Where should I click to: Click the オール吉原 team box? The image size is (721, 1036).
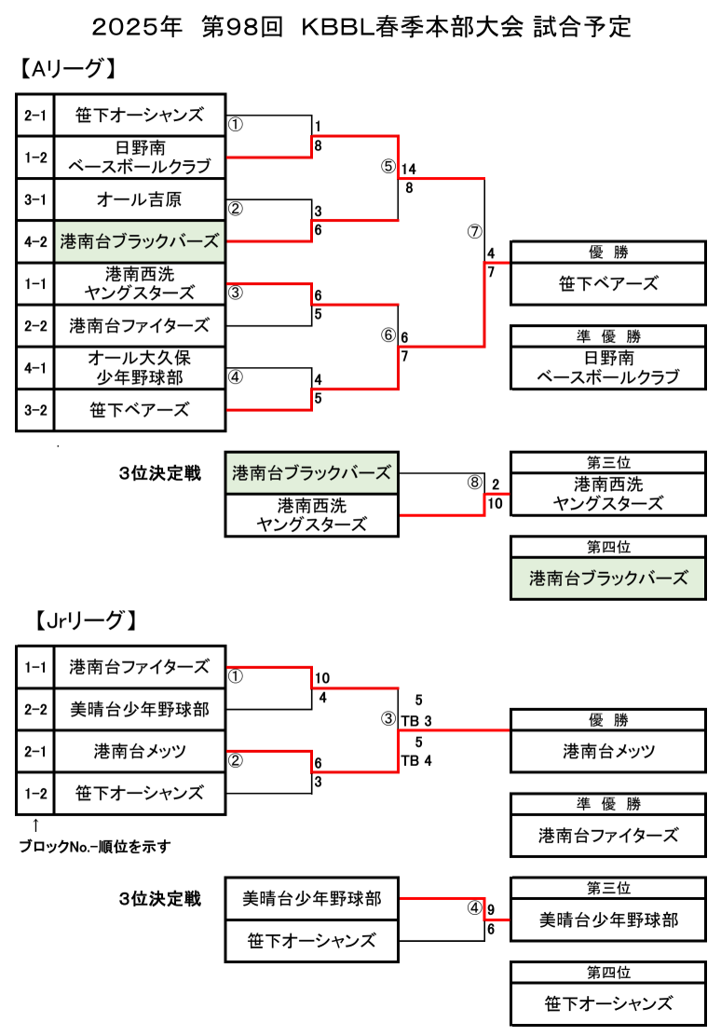139,199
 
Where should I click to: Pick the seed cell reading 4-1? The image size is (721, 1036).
35,368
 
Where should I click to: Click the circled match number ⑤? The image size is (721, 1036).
388,168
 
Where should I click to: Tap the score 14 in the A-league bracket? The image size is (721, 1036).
409,170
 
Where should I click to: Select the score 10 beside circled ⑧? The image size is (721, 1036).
495,503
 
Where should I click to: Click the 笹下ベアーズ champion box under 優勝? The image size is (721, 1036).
608,284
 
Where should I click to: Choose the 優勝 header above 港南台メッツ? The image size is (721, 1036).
608,720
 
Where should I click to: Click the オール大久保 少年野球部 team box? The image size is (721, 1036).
139,368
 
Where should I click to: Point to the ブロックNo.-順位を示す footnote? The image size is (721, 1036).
96,847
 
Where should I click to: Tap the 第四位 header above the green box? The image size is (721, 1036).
608,548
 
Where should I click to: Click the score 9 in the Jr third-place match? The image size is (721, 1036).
491,910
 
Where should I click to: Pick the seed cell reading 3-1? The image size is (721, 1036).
35,199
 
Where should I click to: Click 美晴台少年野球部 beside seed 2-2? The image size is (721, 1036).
139,709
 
